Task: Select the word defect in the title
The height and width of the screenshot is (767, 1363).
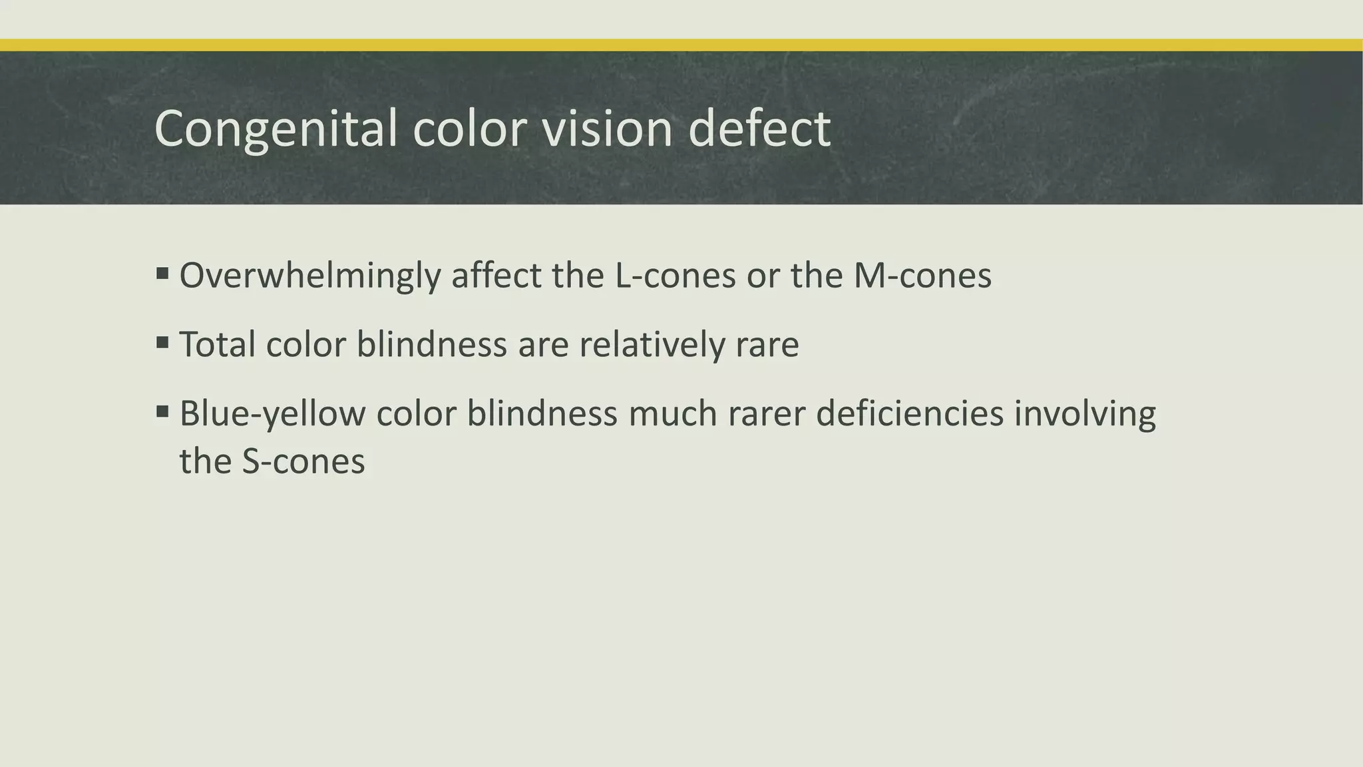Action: tap(759, 128)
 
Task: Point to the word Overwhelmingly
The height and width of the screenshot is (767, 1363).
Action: tap(309, 276)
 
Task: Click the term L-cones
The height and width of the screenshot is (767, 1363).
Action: tap(675, 276)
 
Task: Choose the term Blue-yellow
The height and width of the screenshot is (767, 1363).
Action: tap(272, 414)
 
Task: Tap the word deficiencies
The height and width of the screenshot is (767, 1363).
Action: tap(909, 414)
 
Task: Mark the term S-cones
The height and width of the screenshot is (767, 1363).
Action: tap(303, 461)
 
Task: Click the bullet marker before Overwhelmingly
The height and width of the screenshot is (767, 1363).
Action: tap(162, 274)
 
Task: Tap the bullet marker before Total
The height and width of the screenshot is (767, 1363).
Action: tap(162, 343)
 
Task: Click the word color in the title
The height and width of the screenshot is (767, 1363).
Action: tap(469, 128)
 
